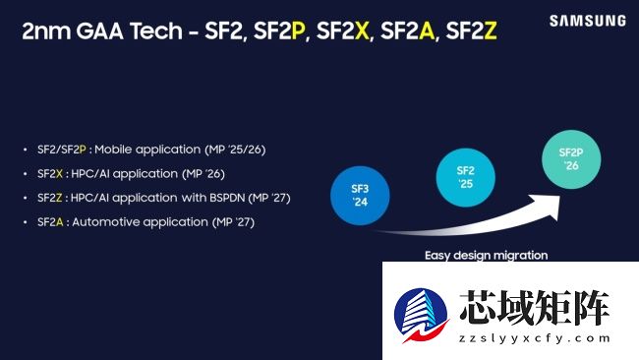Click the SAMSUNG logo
coord(587,20)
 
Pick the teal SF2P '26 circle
coord(570,158)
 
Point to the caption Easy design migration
coord(486,255)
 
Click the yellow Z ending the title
coord(491,31)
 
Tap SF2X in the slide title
coord(342,31)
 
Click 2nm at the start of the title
coord(46,31)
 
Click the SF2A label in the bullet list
coord(51,223)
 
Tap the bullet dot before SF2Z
coord(26,199)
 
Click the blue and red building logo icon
coord(421,315)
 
